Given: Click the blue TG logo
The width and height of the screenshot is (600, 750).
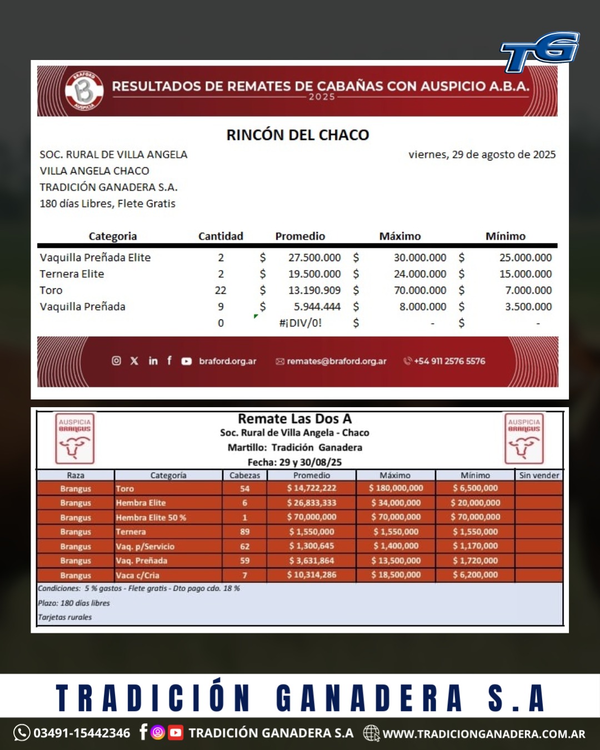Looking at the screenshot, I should [x=540, y=52].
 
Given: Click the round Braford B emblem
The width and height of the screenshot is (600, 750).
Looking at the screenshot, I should [x=84, y=90].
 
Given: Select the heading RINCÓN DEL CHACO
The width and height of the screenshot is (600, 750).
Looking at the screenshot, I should [x=298, y=135].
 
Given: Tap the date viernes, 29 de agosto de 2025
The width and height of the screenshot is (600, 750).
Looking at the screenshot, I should [x=482, y=154].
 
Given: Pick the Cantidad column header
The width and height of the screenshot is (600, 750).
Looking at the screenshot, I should [x=221, y=236].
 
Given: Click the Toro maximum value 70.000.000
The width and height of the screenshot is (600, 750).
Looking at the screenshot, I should [x=420, y=290].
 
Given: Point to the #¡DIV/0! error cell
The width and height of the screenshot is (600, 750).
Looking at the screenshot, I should [x=300, y=323].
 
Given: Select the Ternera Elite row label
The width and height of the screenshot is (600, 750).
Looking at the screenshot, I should [x=72, y=274].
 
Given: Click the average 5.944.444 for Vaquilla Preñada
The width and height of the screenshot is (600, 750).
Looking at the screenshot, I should [x=314, y=307].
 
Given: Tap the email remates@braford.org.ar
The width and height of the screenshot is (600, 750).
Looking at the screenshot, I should [x=336, y=361].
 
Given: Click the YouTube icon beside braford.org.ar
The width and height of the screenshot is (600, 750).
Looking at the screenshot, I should [x=187, y=361].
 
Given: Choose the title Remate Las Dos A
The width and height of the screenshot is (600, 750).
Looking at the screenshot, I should [x=294, y=419].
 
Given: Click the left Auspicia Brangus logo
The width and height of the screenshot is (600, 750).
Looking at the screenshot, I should [x=75, y=438].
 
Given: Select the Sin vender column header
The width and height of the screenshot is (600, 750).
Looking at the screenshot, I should [x=539, y=476].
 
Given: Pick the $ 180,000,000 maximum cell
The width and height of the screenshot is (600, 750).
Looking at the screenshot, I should [x=396, y=488].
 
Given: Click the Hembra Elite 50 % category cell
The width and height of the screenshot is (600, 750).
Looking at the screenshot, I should [x=151, y=517].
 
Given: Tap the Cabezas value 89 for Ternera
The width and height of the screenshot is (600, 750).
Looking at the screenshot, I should [x=244, y=532].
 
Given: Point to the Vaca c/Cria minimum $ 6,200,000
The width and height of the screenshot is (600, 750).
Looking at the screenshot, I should [x=476, y=575].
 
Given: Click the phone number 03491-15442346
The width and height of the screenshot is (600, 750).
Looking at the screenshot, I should [x=82, y=733].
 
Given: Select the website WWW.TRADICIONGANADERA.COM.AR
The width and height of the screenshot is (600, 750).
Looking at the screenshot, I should [x=483, y=734].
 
